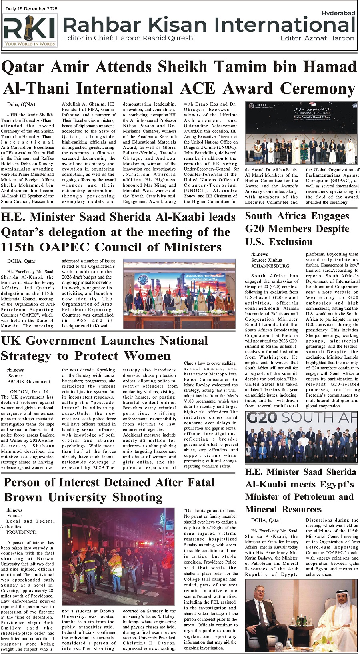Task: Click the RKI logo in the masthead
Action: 30,30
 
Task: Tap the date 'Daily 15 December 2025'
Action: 32,9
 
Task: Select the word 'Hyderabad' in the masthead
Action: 338,13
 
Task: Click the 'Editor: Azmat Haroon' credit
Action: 317,38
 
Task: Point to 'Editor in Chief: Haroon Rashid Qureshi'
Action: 129,38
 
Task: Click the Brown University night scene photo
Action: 118,557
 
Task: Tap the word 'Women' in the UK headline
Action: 148,356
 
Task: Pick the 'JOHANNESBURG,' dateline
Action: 271,265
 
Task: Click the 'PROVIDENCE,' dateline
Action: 21,532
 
